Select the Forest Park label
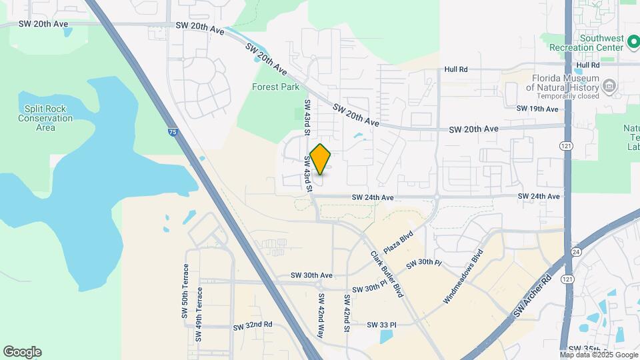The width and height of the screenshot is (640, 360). [275, 87]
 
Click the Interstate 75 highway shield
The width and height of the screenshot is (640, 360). [173, 133]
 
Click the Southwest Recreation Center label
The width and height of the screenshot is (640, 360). [586, 42]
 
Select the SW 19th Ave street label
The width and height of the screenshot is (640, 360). [537, 108]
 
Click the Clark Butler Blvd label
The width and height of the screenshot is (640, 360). [387, 274]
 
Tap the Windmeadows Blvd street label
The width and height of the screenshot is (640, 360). [463, 277]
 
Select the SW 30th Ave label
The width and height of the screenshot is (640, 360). [311, 275]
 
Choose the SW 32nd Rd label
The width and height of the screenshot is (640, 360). [253, 327]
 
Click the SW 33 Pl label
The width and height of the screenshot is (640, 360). [381, 325]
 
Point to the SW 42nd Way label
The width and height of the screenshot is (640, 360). [321, 315]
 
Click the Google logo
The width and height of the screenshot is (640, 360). [22, 352]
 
